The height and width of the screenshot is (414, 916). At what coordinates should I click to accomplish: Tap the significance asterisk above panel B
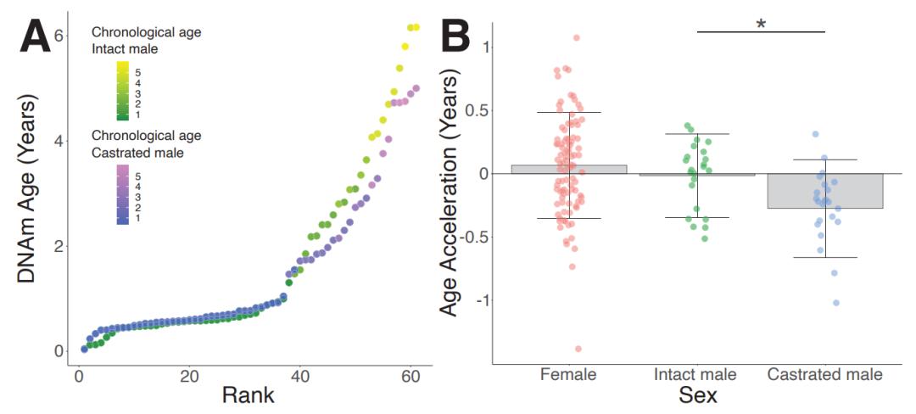(761, 24)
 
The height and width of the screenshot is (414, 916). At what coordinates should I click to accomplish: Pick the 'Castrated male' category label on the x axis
(825, 374)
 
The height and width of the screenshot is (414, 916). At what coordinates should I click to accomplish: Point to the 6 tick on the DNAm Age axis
(59, 36)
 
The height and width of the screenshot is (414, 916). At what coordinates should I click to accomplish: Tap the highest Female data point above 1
(576, 37)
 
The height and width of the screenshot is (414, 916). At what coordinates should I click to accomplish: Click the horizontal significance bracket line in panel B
(761, 32)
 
